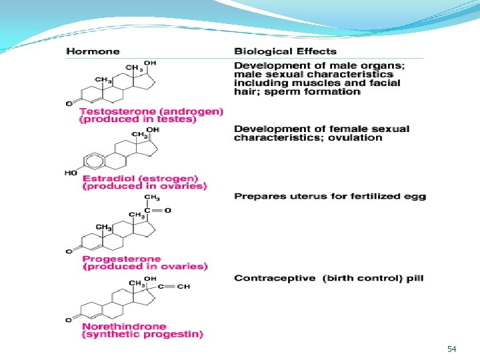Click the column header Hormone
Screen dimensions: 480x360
coord(93,51)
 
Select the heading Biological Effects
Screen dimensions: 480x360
coord(285,51)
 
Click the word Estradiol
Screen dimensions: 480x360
coord(109,178)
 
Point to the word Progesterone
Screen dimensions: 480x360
coord(122,259)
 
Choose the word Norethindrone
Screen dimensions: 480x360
coord(124,326)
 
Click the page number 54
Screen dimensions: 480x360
coord(451,349)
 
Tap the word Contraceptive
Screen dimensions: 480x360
coord(275,278)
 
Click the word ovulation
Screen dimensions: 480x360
coord(355,138)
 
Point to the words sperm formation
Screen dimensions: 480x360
coord(312,92)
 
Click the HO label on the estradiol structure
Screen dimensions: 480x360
coord(71,173)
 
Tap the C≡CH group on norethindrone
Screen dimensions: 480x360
coord(174,287)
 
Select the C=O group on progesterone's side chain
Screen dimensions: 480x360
coord(157,210)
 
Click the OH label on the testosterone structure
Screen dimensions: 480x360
coord(150,63)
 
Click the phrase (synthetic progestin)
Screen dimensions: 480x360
coord(143,334)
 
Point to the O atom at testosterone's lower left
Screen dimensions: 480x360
coord(69,104)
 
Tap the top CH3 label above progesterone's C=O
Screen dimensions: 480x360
coord(152,197)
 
